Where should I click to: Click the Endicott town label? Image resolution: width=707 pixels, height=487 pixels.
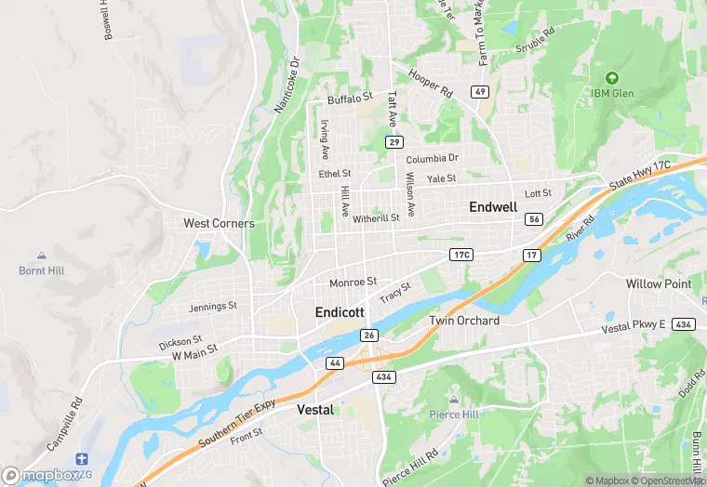(x=340, y=312)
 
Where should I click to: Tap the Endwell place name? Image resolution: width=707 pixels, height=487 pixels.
(x=492, y=206)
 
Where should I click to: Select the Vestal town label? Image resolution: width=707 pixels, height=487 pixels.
(x=315, y=409)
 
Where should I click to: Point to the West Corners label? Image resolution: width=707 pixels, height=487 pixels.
(x=219, y=223)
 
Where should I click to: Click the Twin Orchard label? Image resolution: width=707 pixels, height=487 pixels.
(x=464, y=321)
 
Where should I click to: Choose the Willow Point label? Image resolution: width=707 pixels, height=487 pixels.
(x=658, y=283)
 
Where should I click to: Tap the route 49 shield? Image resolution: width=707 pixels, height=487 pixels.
(x=480, y=91)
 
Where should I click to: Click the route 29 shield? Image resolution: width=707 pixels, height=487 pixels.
(x=394, y=142)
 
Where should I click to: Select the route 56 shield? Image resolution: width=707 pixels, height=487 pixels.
(x=533, y=219)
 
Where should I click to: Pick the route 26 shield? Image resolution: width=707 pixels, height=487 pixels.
(x=368, y=336)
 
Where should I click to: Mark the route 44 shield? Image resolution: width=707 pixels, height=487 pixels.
(x=335, y=362)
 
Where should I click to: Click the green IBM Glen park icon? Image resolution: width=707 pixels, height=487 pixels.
(x=611, y=78)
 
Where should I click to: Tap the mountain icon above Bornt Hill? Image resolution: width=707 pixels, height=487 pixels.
(x=42, y=256)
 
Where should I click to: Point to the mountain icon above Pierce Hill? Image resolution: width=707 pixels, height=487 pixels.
(x=455, y=398)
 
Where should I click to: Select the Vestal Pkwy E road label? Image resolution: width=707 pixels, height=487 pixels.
(x=634, y=326)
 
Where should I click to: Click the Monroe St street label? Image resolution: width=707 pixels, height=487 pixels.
(x=353, y=282)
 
